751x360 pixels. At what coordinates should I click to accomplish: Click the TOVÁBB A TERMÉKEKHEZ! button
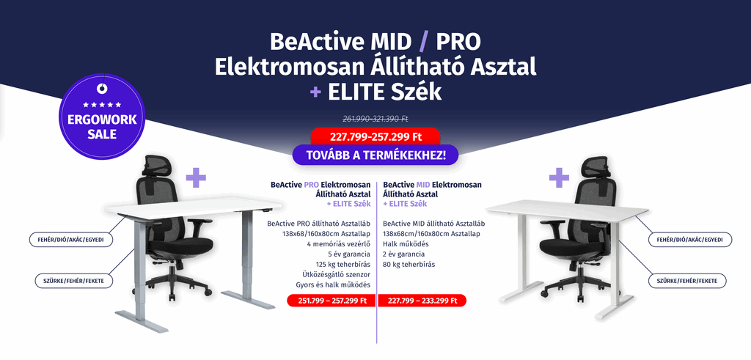click(x=375, y=155)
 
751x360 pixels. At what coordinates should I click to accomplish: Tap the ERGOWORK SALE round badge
click(x=101, y=117)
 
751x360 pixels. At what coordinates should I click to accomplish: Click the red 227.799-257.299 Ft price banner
click(x=375, y=137)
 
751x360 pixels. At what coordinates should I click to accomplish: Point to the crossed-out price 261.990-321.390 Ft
click(x=375, y=118)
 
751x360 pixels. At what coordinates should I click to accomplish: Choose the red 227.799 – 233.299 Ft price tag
click(x=422, y=301)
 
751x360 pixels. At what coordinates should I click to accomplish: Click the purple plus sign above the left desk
click(x=196, y=177)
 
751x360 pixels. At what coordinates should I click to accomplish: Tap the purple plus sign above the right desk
click(x=559, y=177)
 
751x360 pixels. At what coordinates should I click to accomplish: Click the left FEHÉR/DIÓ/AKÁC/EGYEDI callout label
click(x=71, y=239)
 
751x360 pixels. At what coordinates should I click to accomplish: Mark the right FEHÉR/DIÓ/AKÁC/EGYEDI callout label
click(x=690, y=239)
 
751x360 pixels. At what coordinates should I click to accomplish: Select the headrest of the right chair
click(x=596, y=166)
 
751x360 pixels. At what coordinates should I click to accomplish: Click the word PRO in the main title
click(x=458, y=42)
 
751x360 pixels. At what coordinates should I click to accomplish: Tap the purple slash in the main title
click(x=423, y=42)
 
